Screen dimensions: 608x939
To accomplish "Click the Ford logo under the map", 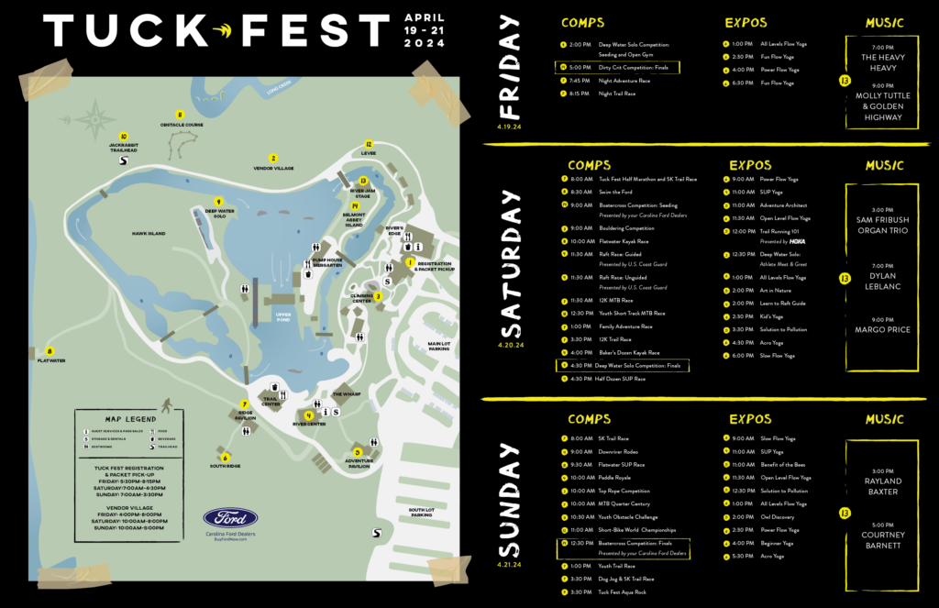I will (229, 519).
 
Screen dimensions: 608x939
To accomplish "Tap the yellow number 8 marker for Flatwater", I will (50, 349).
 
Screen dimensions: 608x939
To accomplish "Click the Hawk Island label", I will (148, 234).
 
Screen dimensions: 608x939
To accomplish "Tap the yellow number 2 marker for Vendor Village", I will (272, 159).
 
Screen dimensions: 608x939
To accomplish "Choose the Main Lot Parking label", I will (439, 346).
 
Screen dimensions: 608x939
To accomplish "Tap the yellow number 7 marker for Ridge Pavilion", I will (244, 403).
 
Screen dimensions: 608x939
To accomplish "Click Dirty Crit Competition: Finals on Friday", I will (635, 67).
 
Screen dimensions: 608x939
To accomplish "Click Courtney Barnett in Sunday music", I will (883, 540).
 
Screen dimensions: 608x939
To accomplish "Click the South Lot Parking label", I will (421, 512).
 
